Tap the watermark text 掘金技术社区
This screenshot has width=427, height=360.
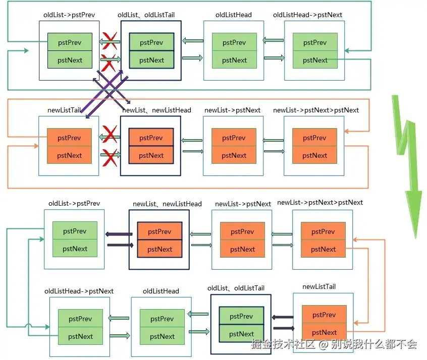click(283, 344)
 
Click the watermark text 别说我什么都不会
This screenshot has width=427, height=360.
click(374, 344)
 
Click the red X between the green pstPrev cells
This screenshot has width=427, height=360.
click(110, 40)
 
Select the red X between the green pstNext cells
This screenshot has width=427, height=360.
click(110, 62)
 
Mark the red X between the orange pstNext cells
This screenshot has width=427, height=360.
click(110, 157)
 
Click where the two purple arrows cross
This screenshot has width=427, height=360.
click(108, 90)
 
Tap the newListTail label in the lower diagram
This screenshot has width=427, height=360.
click(319, 286)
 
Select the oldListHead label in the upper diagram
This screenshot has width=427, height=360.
click(233, 15)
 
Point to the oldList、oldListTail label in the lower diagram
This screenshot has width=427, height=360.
click(236, 288)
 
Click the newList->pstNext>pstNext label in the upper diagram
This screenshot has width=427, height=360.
click(315, 110)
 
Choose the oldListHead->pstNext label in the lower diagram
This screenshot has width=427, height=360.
click(79, 291)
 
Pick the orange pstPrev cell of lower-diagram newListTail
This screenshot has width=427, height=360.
click(324, 315)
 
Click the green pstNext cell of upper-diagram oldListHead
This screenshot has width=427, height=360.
click(234, 60)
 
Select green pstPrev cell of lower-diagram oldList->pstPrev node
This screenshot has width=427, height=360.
click(75, 231)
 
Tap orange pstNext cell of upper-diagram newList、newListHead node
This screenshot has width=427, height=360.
click(151, 155)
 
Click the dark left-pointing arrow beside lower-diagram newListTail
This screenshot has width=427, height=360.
click(283, 317)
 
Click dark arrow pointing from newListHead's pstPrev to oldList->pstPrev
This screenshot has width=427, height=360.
click(119, 234)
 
